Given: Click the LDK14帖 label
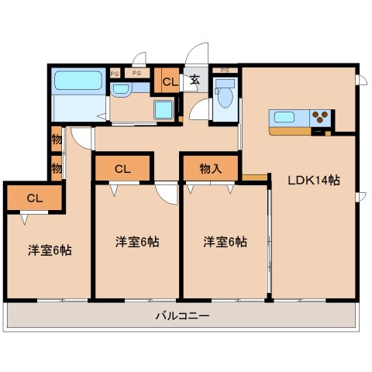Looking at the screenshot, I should (314, 181).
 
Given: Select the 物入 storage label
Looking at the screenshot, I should (211, 167).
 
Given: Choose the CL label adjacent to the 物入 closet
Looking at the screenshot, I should (122, 168).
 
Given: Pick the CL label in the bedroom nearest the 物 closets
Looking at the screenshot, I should (33, 198).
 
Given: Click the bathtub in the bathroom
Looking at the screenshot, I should (77, 81).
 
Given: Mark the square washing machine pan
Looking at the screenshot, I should (164, 111).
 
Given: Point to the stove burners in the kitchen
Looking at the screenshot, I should (321, 119).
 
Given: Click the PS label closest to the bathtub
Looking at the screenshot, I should (115, 73).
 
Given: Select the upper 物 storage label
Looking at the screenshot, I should (57, 141).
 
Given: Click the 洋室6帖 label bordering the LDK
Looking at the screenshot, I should (225, 242).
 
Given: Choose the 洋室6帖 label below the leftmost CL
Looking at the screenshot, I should (49, 251).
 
